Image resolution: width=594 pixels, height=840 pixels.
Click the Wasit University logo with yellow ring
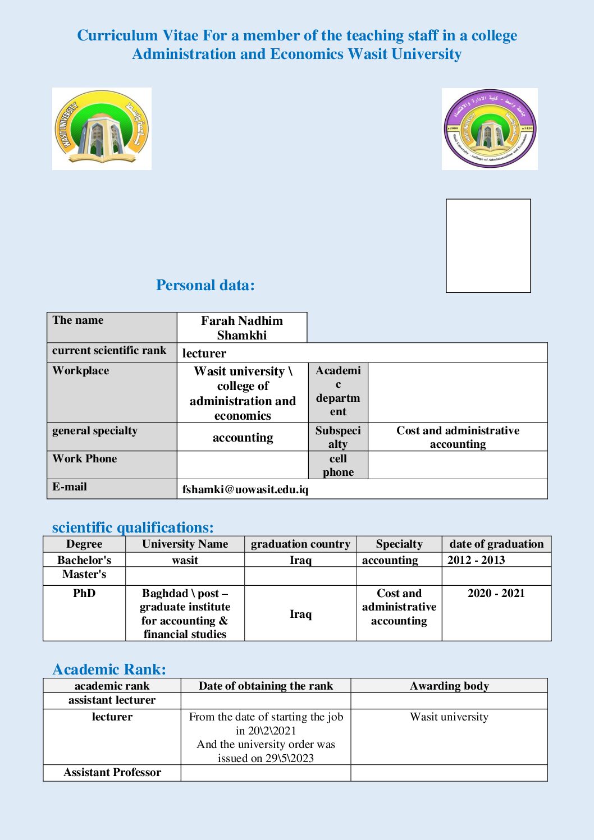[x=102, y=128]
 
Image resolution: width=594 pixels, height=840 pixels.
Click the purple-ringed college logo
[x=490, y=129]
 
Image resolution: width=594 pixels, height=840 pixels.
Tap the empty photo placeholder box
[x=488, y=245]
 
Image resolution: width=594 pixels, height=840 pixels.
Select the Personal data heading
[x=205, y=285]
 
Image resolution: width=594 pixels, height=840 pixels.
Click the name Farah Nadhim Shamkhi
[x=242, y=328]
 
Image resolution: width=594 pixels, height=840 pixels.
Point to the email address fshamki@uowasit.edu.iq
[x=245, y=489]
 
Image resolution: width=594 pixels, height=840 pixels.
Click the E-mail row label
[x=70, y=487]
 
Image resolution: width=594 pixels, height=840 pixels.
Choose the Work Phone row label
[x=85, y=459]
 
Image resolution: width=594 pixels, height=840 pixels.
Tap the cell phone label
[x=338, y=465]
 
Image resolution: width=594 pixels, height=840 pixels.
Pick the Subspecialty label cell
[x=338, y=437]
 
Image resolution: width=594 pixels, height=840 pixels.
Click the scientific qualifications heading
[x=132, y=527]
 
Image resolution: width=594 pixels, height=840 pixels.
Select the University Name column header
[x=185, y=544]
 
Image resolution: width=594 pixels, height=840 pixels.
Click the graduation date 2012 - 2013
[x=476, y=560]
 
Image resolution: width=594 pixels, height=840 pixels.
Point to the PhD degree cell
[x=84, y=594]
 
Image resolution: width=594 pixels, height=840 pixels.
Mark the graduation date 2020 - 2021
[x=496, y=594]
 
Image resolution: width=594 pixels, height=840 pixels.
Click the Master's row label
[x=84, y=575]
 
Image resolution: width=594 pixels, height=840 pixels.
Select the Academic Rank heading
[x=109, y=669]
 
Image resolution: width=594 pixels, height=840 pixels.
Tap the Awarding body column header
[x=449, y=686]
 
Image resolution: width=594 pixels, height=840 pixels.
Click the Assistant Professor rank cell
[x=112, y=773]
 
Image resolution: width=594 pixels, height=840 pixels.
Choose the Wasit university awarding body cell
[x=449, y=717]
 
